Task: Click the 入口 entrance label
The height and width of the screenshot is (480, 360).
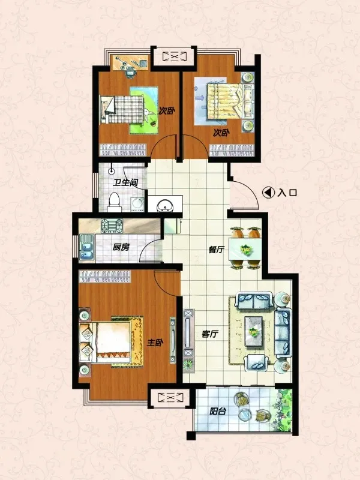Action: (x=287, y=193)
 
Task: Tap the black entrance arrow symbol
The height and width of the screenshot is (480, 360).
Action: (x=268, y=193)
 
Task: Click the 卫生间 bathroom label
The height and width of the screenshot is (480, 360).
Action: (x=125, y=183)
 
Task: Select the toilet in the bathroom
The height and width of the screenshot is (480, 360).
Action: (x=115, y=202)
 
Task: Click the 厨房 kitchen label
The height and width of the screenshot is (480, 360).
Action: (x=121, y=247)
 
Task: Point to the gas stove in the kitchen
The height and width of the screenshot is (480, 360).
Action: (x=112, y=226)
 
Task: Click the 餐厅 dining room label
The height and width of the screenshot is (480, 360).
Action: (x=216, y=250)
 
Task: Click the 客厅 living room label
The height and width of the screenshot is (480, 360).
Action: (x=211, y=334)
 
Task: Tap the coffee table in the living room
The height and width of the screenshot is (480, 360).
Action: (x=254, y=332)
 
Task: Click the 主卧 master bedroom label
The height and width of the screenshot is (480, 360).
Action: (x=155, y=343)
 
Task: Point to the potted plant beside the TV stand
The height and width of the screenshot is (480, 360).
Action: (x=188, y=365)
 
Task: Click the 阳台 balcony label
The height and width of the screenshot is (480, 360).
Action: (x=218, y=411)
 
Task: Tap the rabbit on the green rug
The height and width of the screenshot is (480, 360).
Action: (x=148, y=115)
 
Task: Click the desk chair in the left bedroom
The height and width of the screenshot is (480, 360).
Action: (x=131, y=73)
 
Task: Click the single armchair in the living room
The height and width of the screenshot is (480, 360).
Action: (x=257, y=363)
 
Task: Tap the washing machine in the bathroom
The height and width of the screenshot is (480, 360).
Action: (x=137, y=205)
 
